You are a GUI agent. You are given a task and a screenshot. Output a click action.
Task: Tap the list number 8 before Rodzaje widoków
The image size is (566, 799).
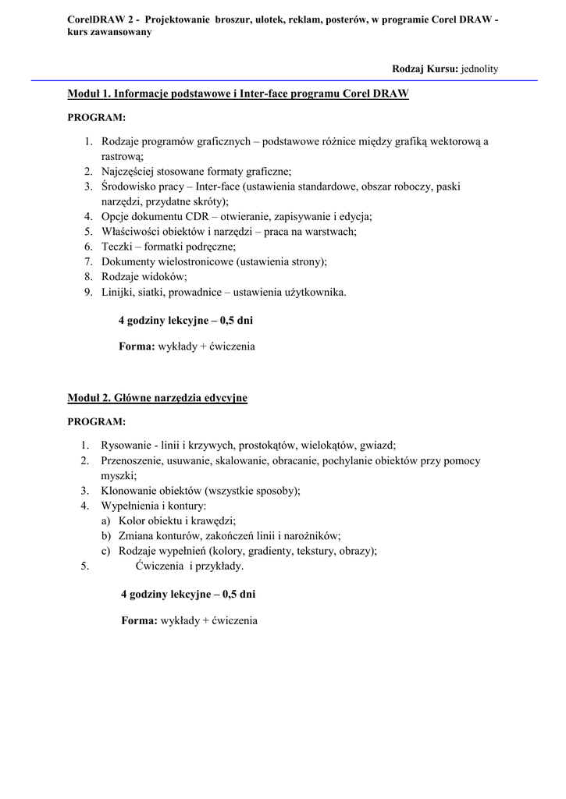[x=88, y=276]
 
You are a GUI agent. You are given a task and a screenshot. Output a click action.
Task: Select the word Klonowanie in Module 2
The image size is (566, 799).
[x=129, y=491]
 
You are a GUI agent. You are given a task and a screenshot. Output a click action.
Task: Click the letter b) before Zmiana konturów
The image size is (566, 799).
[x=105, y=536]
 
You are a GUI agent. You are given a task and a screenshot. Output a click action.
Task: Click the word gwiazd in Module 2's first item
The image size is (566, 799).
[x=377, y=446]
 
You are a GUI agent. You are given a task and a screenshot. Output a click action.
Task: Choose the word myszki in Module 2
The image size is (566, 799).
[x=117, y=475]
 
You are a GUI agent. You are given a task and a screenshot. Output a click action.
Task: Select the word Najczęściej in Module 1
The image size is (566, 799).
[x=128, y=171]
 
